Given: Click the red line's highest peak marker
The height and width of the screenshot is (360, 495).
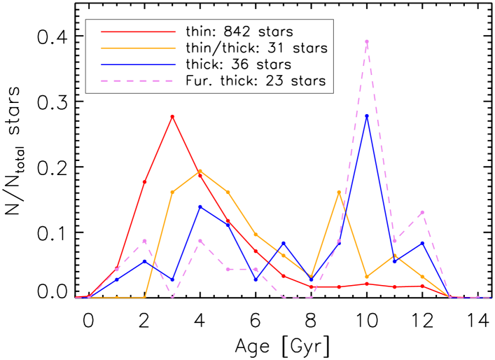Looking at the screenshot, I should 172,116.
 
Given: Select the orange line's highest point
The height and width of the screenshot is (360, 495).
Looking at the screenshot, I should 200,170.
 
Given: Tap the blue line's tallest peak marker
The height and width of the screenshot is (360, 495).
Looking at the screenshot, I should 366,116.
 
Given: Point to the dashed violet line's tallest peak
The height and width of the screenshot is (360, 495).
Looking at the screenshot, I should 366,41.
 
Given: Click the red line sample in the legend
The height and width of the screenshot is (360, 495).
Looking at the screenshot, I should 138,32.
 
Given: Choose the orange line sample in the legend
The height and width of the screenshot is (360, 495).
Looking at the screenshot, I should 138,48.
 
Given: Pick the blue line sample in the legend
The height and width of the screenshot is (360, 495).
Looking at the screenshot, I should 138,64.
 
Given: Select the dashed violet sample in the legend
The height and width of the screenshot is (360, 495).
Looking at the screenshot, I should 138,81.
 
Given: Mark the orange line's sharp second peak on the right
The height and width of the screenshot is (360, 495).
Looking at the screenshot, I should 339,192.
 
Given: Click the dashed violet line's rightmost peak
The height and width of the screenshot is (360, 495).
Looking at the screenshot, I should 422,212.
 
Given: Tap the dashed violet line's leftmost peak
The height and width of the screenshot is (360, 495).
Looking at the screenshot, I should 144,241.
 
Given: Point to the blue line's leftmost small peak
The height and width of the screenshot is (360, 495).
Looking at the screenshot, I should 144,261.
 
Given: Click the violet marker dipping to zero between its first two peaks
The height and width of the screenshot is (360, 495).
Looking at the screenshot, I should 172,297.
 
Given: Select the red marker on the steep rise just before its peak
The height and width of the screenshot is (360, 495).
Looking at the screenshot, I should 144,182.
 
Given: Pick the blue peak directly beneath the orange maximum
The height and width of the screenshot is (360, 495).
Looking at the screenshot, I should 200,207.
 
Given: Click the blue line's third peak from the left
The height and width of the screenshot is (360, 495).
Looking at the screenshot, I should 283,243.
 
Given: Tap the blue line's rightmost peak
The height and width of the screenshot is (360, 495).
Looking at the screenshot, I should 422,242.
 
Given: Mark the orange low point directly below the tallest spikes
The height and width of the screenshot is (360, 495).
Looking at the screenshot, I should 366,277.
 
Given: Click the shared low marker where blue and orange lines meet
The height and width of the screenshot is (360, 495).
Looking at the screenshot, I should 311,278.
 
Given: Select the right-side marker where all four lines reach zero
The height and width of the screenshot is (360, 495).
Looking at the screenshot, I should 450,297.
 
